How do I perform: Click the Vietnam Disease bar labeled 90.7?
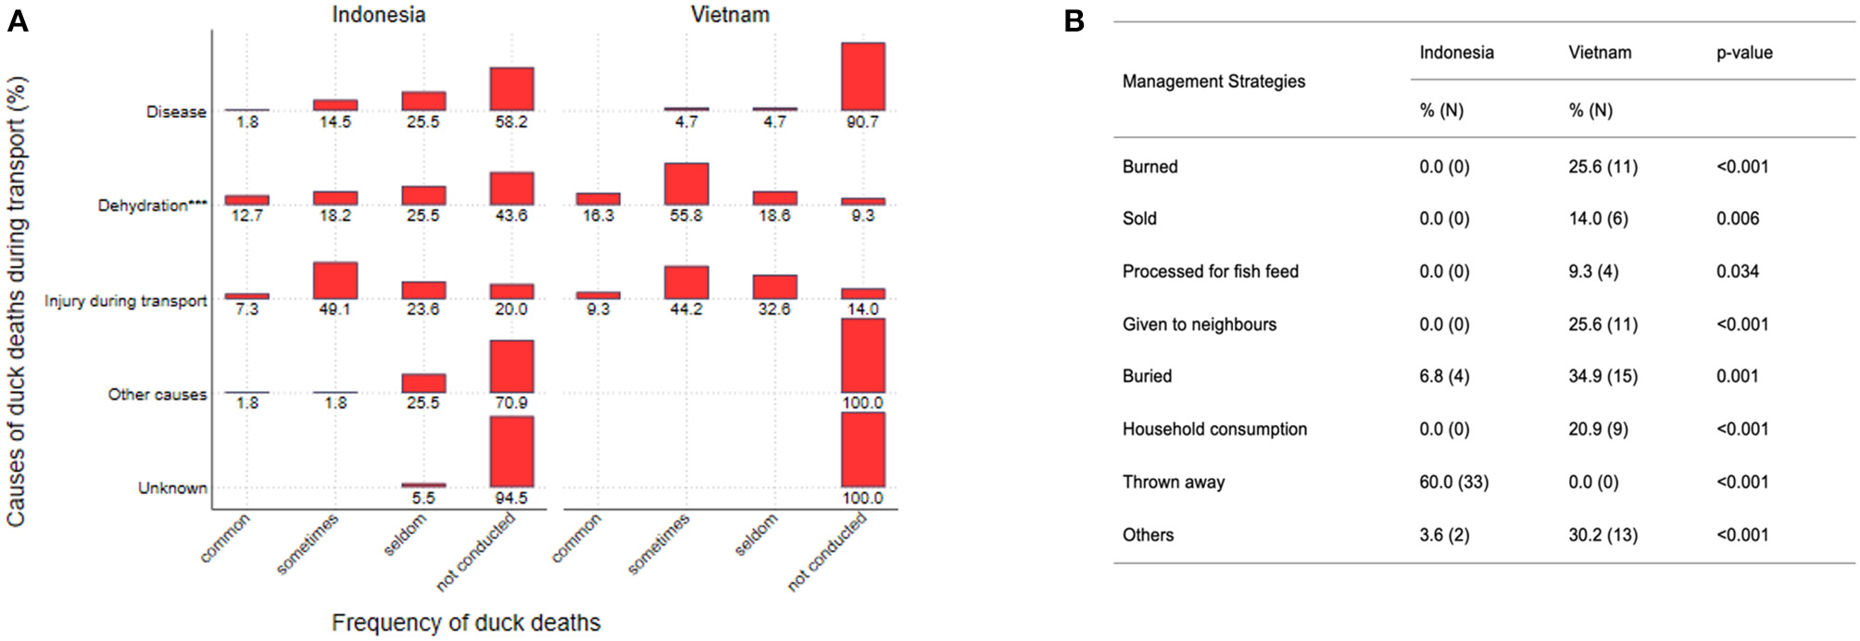tap(862, 77)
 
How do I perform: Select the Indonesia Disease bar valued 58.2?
tap(511, 89)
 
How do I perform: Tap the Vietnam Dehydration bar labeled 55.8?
tap(686, 184)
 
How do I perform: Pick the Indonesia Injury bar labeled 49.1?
tap(335, 281)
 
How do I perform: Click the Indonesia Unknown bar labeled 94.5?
tap(511, 451)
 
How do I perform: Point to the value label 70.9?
tap(511, 403)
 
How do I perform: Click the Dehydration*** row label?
tap(152, 206)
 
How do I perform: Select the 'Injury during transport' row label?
tap(126, 301)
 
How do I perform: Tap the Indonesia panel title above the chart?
tap(379, 15)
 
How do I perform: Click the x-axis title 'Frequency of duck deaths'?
tap(466, 622)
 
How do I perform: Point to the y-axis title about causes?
tap(17, 301)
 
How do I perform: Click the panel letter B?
tap(1074, 20)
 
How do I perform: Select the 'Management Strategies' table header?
tap(1213, 82)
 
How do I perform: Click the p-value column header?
tap(1744, 53)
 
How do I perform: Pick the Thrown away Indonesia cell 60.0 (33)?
tap(1453, 482)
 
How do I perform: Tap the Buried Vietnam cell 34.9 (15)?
tap(1602, 376)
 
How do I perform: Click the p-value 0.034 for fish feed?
tap(1737, 271)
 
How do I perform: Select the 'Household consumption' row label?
tap(1214, 429)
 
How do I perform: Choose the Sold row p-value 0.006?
tap(1737, 219)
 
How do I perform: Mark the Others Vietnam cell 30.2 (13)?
tap(1602, 534)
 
